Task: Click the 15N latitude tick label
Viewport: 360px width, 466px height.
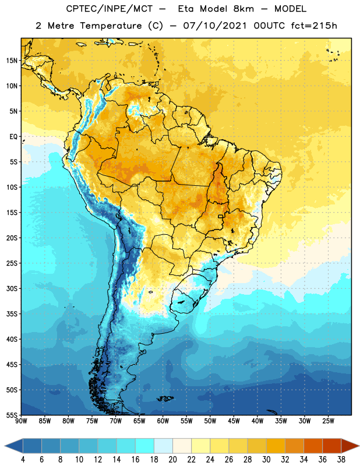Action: pos(11,61)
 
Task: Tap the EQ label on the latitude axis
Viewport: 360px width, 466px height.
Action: pos(13,137)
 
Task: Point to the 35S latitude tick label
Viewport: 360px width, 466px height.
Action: pos(12,314)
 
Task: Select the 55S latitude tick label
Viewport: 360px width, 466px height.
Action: pos(12,415)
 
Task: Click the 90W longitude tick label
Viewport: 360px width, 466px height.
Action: pos(21,421)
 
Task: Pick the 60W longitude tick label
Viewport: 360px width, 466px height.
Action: pos(163,421)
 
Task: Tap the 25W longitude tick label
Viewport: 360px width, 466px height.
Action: pos(328,421)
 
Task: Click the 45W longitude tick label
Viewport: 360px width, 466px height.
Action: pos(234,421)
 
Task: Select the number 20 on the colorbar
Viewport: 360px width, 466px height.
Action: pos(172,460)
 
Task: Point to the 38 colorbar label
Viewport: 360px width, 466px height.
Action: pos(341,460)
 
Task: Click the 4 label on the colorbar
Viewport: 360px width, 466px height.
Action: pos(23,460)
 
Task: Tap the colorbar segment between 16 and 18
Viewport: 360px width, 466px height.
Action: pos(145,446)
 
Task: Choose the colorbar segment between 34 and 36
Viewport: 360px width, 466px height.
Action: pos(313,446)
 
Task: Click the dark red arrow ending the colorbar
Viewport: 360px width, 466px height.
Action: pos(350,446)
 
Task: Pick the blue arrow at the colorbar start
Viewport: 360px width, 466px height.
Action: pos(14,446)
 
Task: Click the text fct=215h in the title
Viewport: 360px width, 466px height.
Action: pos(314,26)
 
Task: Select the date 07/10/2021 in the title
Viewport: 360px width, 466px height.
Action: pos(215,26)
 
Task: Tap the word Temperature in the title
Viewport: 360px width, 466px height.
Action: pos(111,26)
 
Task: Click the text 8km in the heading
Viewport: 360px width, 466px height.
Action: pos(243,9)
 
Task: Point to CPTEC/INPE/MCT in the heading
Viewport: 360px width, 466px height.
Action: pos(110,9)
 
